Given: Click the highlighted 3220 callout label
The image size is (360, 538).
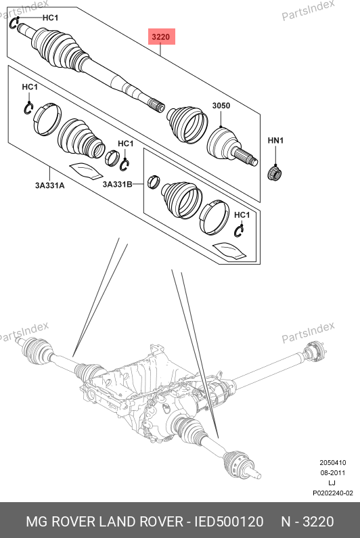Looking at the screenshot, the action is point(161,37).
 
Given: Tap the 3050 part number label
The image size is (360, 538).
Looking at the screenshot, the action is point(221,106).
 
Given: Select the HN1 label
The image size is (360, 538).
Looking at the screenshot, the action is point(275,141).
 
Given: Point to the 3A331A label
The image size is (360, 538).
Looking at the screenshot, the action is point(50,185).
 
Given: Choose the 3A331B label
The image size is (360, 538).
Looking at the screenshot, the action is point(117,185).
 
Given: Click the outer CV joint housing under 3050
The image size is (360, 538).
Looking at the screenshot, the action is point(222,143).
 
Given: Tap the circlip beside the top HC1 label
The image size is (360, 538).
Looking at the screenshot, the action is point(14,23).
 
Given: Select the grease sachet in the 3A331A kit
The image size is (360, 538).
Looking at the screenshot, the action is point(86,170).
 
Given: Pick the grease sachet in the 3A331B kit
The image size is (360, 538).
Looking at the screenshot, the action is point(229,250).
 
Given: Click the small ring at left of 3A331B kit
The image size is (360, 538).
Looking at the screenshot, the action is point(154,181).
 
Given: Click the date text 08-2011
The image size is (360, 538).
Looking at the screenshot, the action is point(332,473).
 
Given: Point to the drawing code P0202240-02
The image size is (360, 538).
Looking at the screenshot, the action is point(332,493).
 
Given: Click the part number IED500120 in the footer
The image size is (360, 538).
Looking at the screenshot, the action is point(229,522).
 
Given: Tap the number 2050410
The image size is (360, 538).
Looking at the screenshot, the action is point(332,462).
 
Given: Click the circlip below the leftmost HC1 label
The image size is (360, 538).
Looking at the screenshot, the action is point(28,109).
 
